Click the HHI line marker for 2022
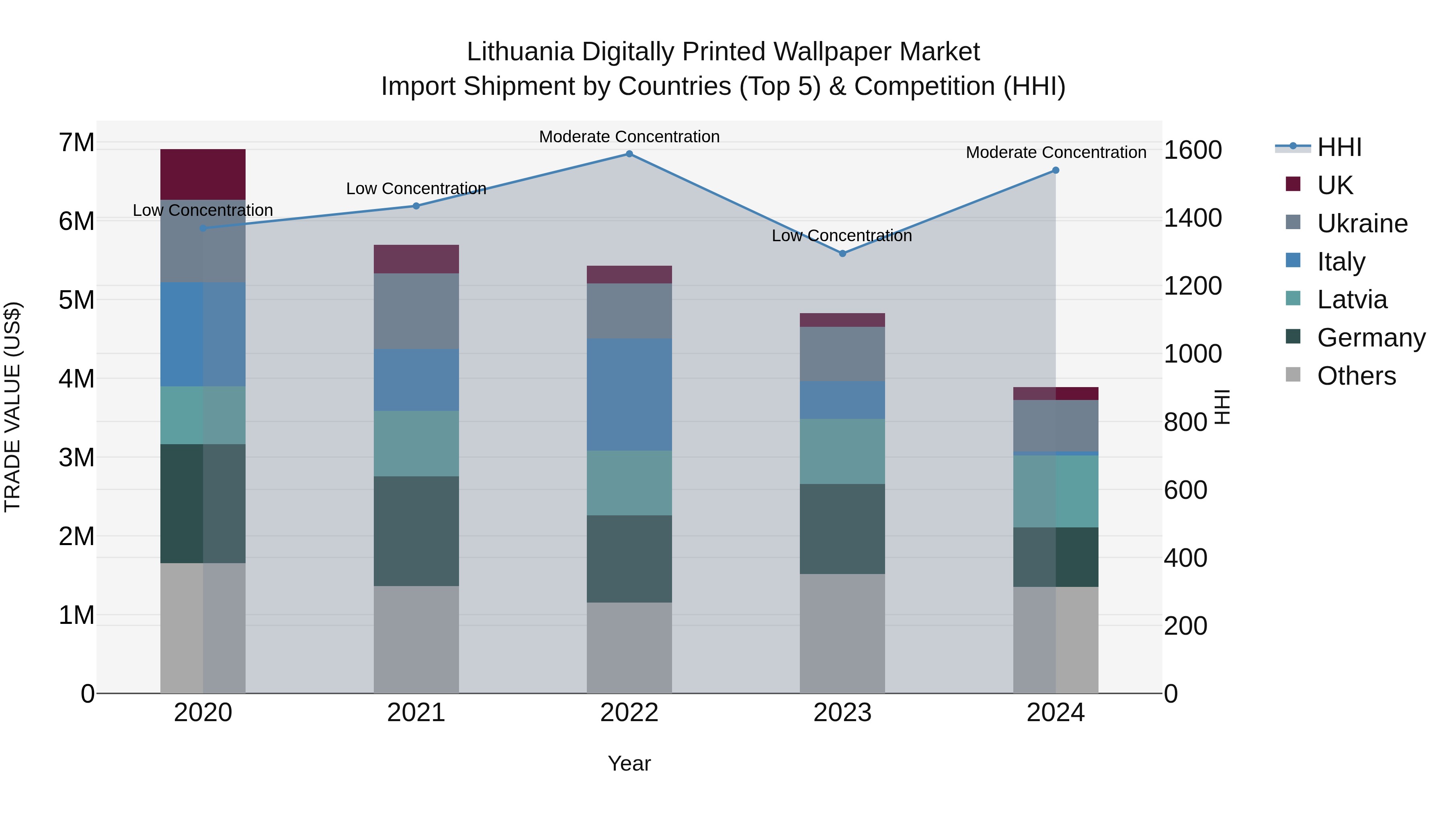pos(629,154)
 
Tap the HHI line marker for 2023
pos(842,253)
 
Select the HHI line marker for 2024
pos(1056,170)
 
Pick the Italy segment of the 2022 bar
pos(629,394)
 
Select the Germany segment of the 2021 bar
pos(416,531)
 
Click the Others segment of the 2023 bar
pos(842,633)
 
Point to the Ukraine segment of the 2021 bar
pos(416,311)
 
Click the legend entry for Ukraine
pos(1362,223)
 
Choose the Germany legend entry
pos(1371,338)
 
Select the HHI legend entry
pos(1338,147)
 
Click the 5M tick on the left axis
pos(77,300)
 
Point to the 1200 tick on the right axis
pos(1193,286)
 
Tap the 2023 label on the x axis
pos(842,713)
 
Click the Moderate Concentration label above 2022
pos(629,137)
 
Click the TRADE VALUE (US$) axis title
pos(12,407)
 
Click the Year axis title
pos(629,763)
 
